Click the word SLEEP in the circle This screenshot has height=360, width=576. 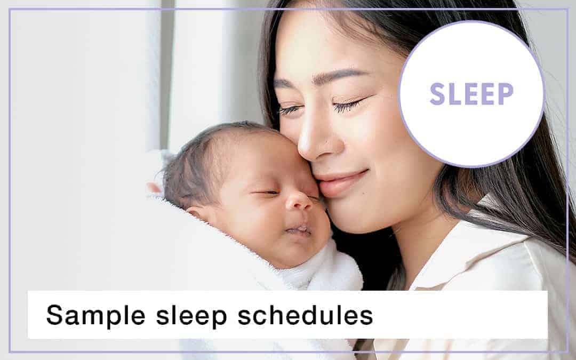471,94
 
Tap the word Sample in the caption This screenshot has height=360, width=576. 95,315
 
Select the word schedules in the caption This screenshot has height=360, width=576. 305,315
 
